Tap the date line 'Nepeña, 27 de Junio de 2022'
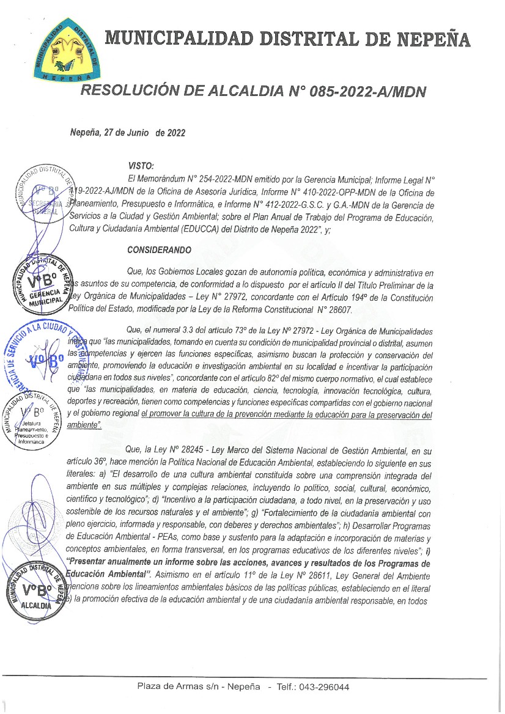128,133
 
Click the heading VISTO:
141,166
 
